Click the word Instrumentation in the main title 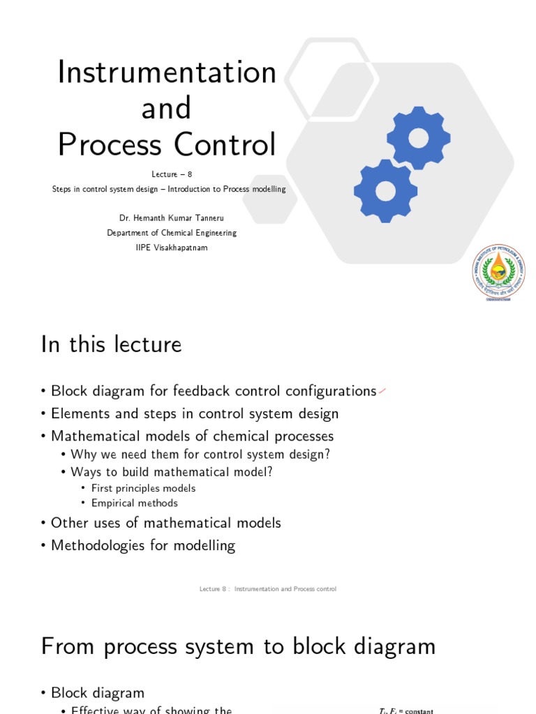click(x=167, y=72)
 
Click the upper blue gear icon click(x=418, y=137)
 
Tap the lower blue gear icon click(x=385, y=190)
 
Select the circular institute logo click(x=498, y=272)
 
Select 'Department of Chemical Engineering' click(x=172, y=233)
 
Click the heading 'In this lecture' click(x=111, y=344)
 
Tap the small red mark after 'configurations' click(x=382, y=392)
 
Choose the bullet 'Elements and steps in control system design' click(x=195, y=413)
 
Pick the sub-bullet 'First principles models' click(x=143, y=488)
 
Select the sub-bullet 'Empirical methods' click(x=134, y=503)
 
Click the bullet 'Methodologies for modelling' click(x=143, y=545)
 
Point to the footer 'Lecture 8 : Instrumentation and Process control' click(x=268, y=589)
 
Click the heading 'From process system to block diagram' click(x=238, y=646)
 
